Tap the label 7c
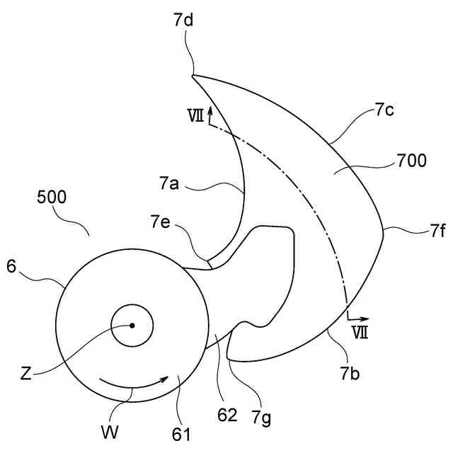386,110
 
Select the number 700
412,161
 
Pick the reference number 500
52,199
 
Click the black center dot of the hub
132,326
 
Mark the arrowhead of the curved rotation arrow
165,379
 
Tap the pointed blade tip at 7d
193,75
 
